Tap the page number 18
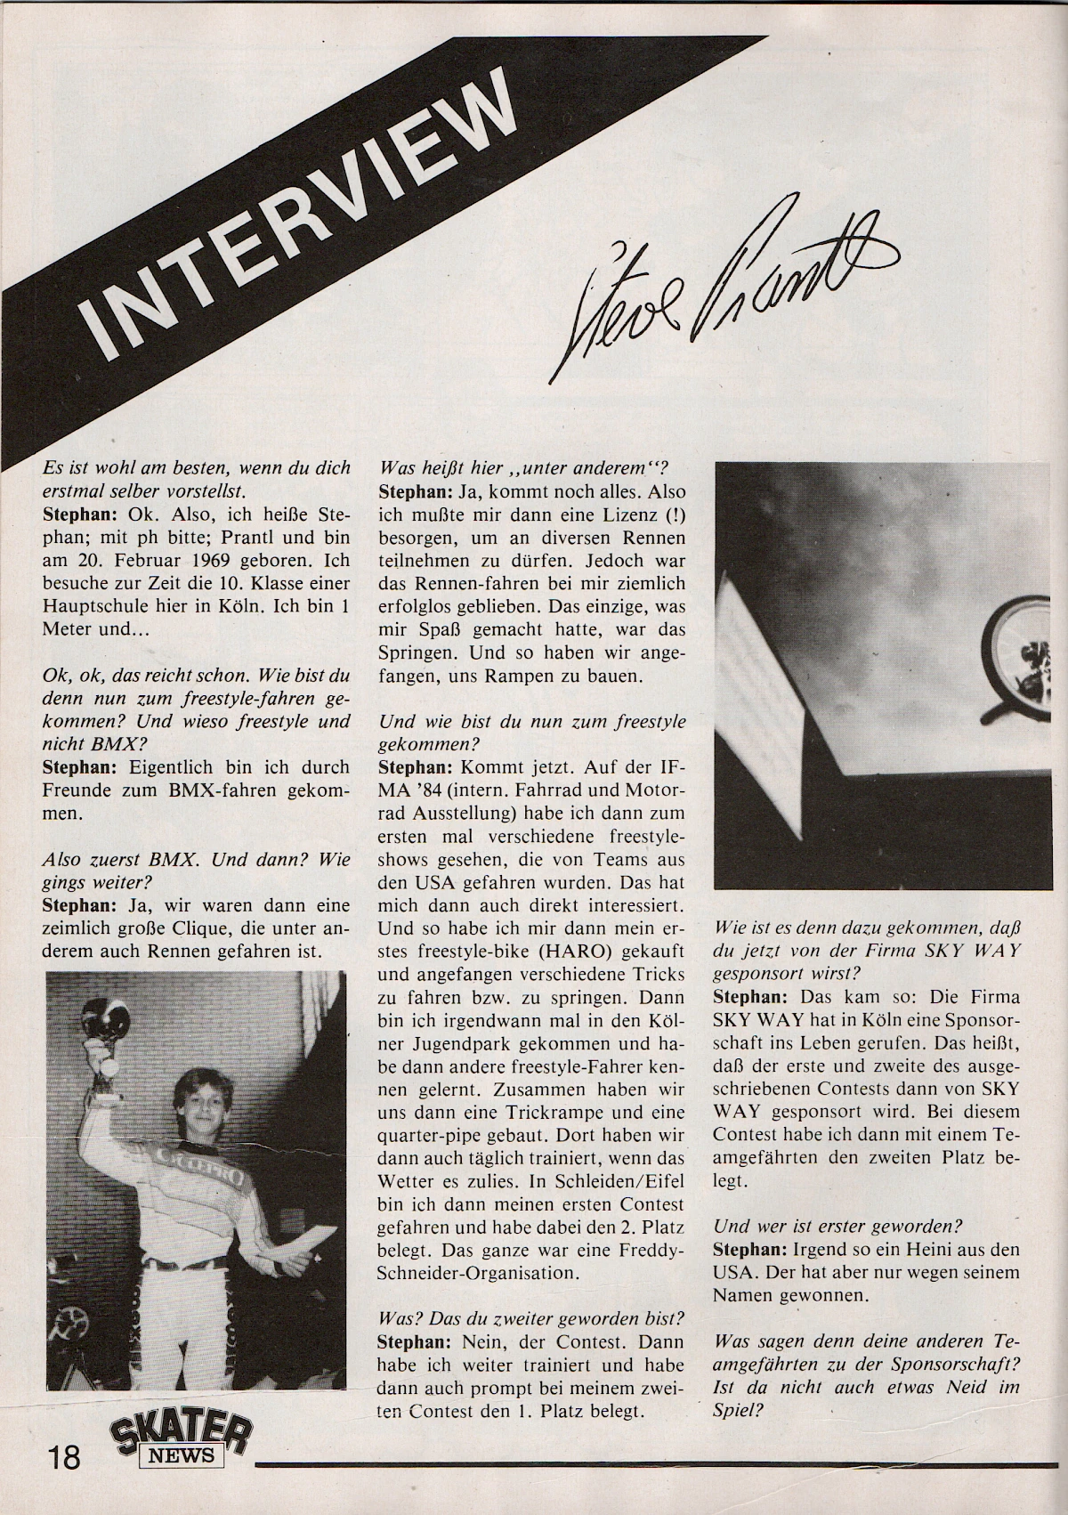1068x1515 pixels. (x=65, y=1459)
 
